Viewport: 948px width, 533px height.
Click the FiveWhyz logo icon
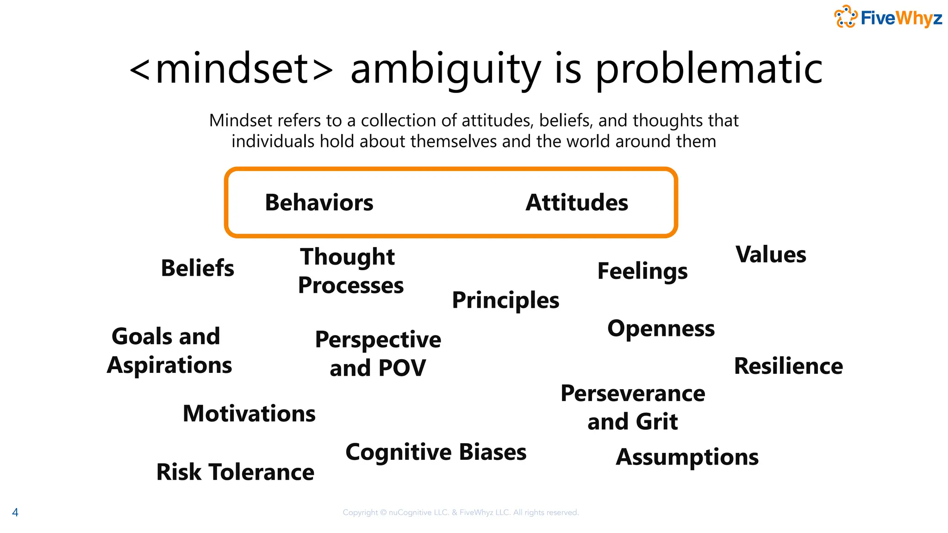845,17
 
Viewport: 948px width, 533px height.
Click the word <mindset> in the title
231,69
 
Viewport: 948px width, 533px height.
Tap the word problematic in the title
709,69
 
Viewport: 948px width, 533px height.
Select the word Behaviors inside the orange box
319,203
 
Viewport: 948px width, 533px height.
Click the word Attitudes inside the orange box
577,203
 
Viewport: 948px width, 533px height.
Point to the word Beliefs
198,268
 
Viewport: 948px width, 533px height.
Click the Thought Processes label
350,271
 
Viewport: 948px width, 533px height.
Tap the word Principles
505,300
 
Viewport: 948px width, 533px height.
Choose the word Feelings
642,271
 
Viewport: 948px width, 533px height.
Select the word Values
771,254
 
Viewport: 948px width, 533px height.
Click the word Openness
661,328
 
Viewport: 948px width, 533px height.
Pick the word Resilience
788,366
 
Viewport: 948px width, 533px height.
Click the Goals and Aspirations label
169,351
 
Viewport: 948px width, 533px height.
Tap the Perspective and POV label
378,354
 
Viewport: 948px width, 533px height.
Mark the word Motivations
249,414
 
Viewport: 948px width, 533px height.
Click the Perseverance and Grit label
633,408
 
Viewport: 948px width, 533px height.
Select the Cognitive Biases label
436,452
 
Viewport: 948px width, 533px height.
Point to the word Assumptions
687,457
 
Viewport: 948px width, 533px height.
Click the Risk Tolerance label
235,472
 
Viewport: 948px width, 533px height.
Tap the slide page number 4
15,512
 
